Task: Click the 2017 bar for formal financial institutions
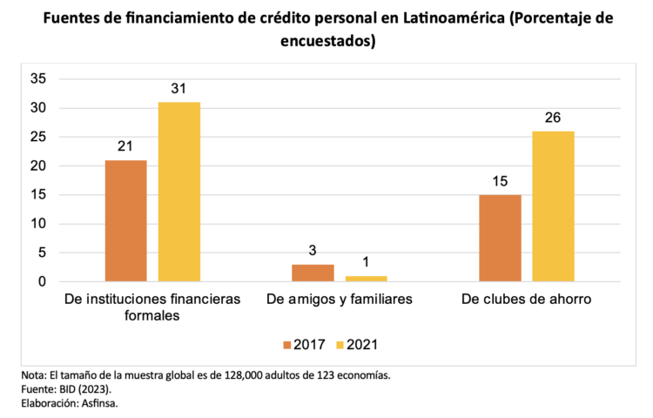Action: click(x=125, y=220)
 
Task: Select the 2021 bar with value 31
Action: click(x=178, y=192)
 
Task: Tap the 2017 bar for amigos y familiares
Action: click(x=313, y=273)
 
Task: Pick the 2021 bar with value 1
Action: click(x=366, y=279)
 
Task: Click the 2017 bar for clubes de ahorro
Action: click(x=500, y=238)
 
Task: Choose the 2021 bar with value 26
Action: click(x=553, y=206)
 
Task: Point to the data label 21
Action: click(x=125, y=146)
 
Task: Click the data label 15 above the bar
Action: click(x=500, y=181)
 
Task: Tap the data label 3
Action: click(x=313, y=251)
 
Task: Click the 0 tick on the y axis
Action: click(x=42, y=282)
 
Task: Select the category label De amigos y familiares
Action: click(x=339, y=300)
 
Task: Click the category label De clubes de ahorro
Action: click(x=526, y=300)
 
